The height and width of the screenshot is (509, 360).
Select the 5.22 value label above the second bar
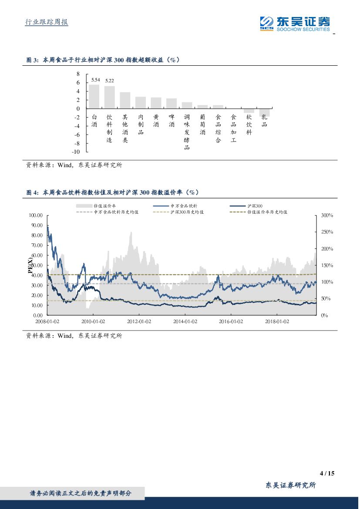tap(110, 81)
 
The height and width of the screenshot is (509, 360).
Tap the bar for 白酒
tap(94, 96)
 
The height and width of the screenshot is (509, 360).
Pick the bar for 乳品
tap(264, 112)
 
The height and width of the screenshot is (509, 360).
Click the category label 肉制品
tap(141, 125)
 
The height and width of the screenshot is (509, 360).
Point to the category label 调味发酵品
tap(187, 132)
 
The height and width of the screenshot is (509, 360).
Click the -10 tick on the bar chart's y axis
tap(76, 152)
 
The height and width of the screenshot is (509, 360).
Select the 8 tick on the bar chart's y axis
tap(78, 74)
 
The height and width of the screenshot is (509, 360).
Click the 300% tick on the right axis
tap(326, 216)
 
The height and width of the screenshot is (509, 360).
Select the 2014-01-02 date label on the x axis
tap(185, 322)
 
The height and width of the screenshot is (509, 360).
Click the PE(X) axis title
tap(31, 265)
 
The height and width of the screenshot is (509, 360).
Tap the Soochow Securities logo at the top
tap(295, 24)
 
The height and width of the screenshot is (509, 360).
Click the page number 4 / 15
tap(327, 473)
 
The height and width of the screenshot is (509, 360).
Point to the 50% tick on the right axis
tap(325, 299)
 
